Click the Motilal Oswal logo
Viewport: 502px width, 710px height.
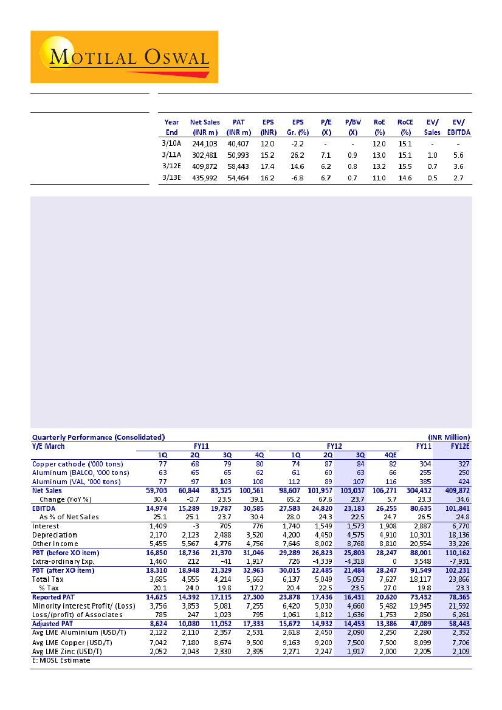pyautogui.click(x=124, y=57)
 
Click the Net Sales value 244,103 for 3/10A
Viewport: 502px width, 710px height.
pyautogui.click(x=205, y=144)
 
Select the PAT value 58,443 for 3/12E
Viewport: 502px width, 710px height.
pyautogui.click(x=238, y=166)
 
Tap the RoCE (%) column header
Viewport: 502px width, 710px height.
pyautogui.click(x=405, y=127)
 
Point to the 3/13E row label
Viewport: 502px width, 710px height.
pyautogui.click(x=172, y=178)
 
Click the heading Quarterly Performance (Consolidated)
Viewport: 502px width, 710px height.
pyautogui.click(x=98, y=437)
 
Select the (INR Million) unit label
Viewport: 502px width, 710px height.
pyautogui.click(x=449, y=437)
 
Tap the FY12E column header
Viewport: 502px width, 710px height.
pyautogui.click(x=459, y=446)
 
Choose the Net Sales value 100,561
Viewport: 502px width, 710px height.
pyautogui.click(x=251, y=490)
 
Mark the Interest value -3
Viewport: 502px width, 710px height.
pyautogui.click(x=194, y=526)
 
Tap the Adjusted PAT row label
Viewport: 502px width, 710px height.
pyautogui.click(x=53, y=624)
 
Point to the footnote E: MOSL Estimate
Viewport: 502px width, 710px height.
pyautogui.click(x=61, y=660)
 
